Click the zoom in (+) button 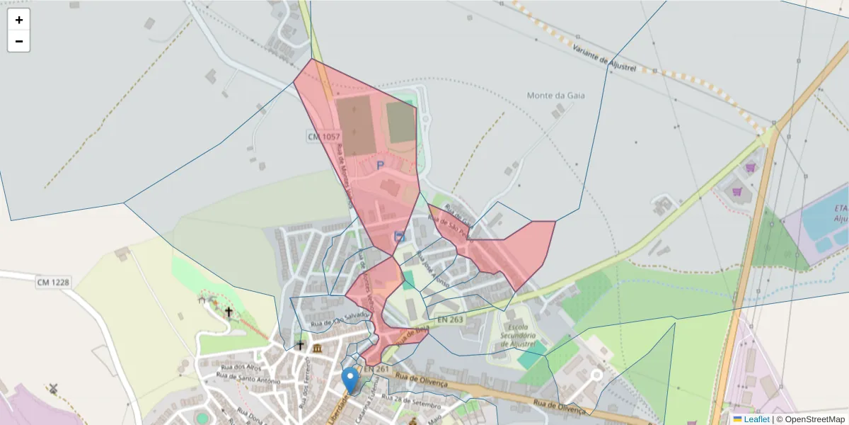point(19,20)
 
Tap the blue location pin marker point(350,379)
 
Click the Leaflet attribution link point(756,419)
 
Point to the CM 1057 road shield point(324,135)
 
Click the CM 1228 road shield point(54,283)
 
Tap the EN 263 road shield point(451,320)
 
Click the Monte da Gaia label point(555,95)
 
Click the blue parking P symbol point(380,165)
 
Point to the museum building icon point(316,348)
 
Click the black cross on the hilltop point(229,312)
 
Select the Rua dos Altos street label point(241,368)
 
